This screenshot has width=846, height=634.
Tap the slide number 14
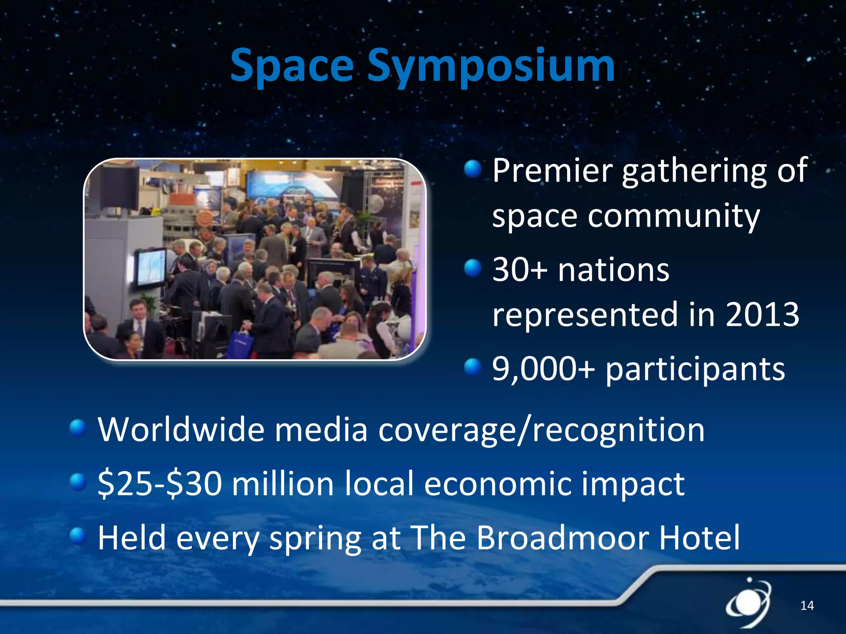(x=807, y=606)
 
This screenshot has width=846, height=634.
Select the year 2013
(x=762, y=315)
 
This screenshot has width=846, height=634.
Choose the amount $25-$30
(x=159, y=484)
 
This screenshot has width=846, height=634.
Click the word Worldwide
(x=181, y=430)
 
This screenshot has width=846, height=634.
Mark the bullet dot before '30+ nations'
(x=473, y=268)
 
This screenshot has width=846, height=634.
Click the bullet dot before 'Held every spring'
(x=78, y=536)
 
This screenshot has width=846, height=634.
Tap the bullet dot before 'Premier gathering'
(x=473, y=169)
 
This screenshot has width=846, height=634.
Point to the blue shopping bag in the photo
(x=240, y=343)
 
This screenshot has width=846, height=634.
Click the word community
(x=673, y=215)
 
